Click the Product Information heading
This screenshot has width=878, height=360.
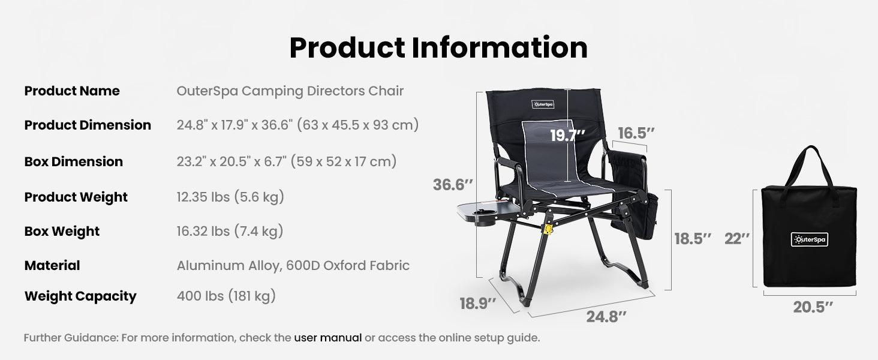click(x=438, y=48)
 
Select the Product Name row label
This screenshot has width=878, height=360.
click(x=72, y=91)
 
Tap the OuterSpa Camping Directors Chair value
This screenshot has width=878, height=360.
click(x=290, y=91)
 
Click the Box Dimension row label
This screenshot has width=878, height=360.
click(x=74, y=161)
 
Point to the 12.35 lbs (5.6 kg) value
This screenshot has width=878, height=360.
click(x=230, y=197)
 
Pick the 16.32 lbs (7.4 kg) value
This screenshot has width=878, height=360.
click(x=230, y=231)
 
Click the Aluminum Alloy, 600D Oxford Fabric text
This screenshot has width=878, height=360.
click(x=293, y=265)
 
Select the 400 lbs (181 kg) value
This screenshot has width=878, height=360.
click(x=226, y=296)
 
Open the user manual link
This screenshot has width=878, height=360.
click(x=328, y=338)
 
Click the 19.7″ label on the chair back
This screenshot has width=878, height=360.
click(x=567, y=136)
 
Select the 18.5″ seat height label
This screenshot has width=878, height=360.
click(x=693, y=239)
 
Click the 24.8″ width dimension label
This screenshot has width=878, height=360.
click(x=606, y=316)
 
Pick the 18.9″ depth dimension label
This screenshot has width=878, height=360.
click(x=478, y=304)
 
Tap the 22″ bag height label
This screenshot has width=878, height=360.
click(x=737, y=239)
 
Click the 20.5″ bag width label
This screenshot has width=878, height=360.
click(x=813, y=307)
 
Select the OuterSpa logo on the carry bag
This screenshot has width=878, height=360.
click(x=808, y=239)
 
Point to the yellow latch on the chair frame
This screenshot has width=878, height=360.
click(x=547, y=230)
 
